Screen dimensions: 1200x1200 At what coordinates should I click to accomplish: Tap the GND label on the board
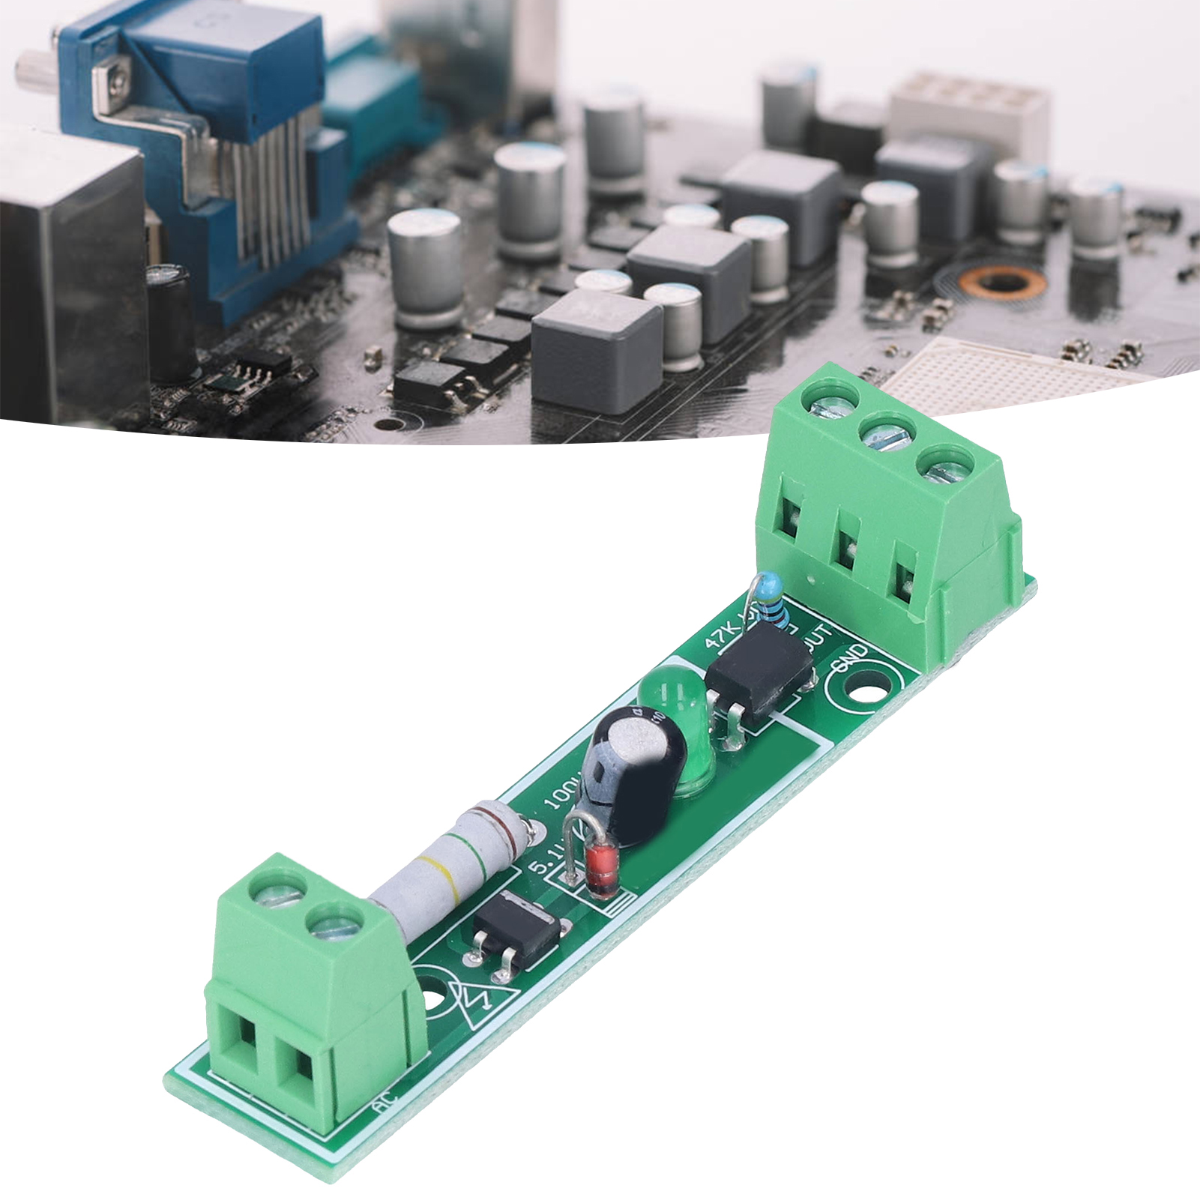(848, 657)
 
